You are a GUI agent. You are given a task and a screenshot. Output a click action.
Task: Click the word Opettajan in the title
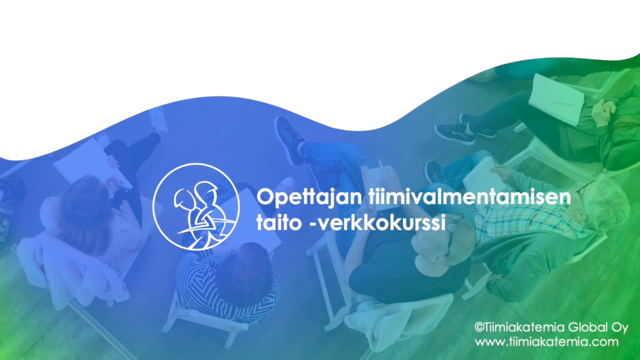click(x=309, y=197)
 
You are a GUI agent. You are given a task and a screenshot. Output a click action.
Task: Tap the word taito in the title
click(x=279, y=222)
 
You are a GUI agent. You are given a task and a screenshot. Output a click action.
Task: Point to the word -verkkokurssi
click(x=378, y=222)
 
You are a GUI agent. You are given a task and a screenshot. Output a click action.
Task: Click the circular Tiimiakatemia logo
click(x=196, y=207)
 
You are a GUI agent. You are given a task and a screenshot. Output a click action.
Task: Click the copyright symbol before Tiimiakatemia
click(x=479, y=327)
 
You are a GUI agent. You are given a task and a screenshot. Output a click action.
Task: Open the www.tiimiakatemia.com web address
click(x=547, y=342)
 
